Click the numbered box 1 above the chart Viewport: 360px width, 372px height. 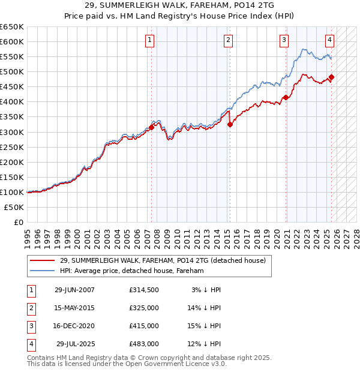pyautogui.click(x=149, y=40)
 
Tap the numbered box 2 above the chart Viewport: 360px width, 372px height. pyautogui.click(x=229, y=40)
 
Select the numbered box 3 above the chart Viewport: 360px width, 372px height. pyautogui.click(x=284, y=40)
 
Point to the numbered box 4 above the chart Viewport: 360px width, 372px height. pyautogui.click(x=330, y=40)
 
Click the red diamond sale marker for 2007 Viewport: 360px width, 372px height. pyautogui.click(x=152, y=127)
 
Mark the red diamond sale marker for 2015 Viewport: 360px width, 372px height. pyautogui.click(x=230, y=124)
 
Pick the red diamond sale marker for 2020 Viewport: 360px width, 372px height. pyautogui.click(x=286, y=97)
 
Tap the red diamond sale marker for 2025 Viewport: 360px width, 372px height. pyautogui.click(x=332, y=77)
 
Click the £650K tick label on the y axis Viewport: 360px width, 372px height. pyautogui.click(x=12, y=27)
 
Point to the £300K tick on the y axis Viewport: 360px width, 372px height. pyautogui.click(x=12, y=132)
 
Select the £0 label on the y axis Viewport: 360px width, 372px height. pyautogui.click(x=17, y=222)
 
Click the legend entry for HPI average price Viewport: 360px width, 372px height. pyautogui.click(x=132, y=271)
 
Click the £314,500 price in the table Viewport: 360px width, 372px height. pyautogui.click(x=144, y=290)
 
